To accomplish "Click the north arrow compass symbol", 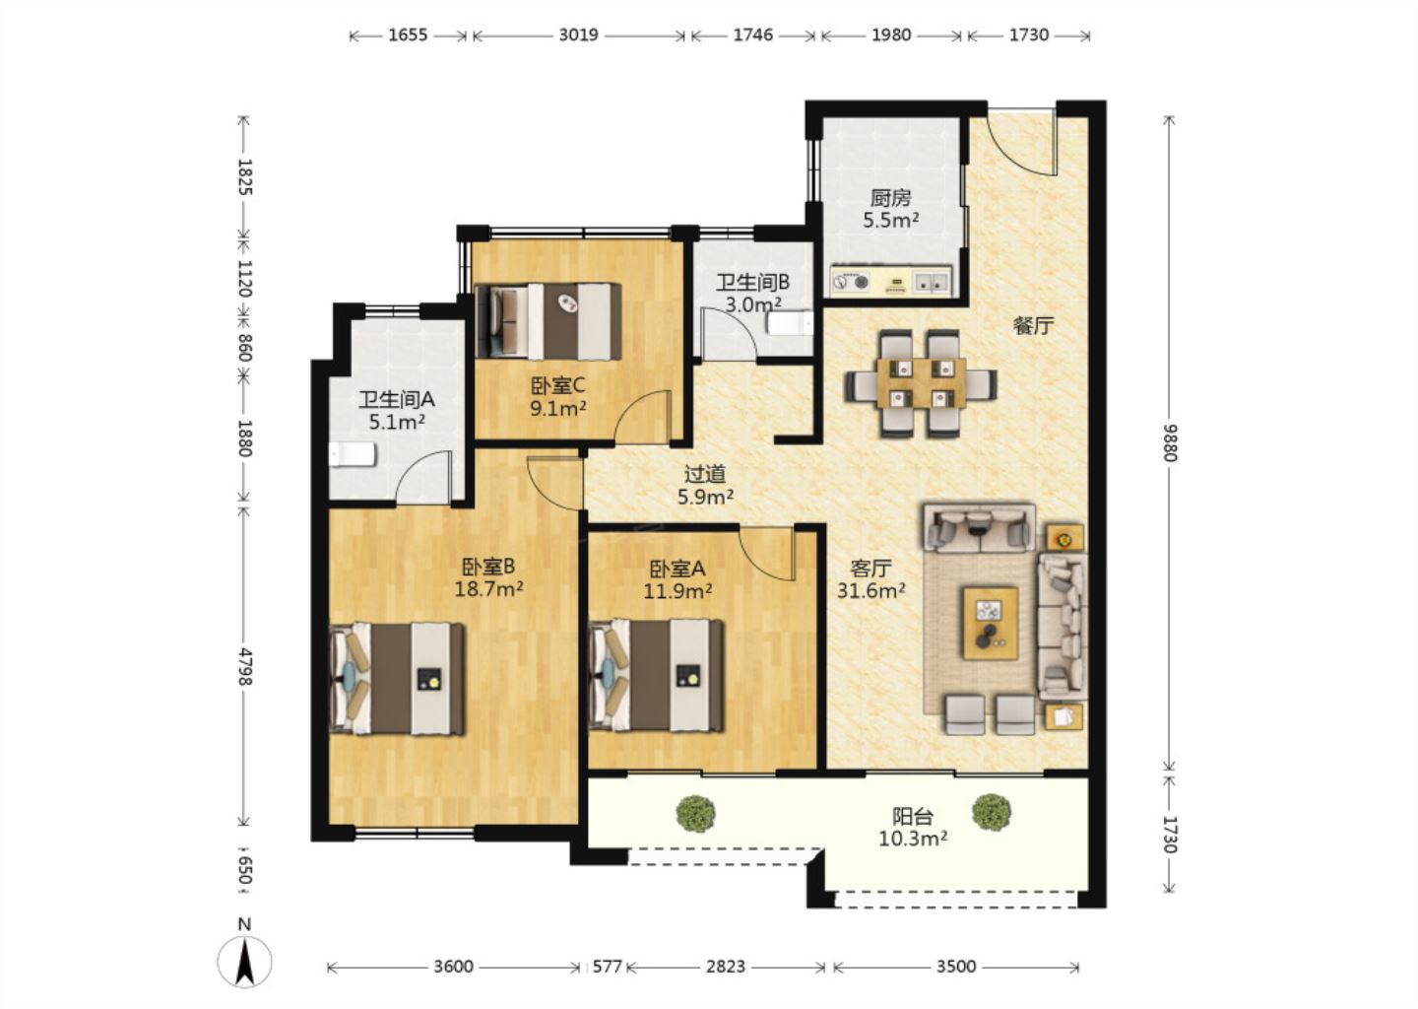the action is point(244,961).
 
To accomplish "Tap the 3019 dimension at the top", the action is point(578,34).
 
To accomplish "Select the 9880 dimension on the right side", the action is point(1171,442).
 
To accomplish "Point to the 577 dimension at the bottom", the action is point(607,967).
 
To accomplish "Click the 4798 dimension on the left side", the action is point(245,666).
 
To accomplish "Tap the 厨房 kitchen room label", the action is point(890,198).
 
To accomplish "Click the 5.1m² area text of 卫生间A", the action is point(397,421).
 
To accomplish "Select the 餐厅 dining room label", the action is point(1034,326).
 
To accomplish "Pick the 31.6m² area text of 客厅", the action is point(871,590).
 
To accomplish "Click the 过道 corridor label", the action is point(705,474).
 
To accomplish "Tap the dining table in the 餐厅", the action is point(922,384).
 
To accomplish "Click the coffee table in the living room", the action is point(991,624).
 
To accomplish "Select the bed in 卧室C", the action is point(548,321).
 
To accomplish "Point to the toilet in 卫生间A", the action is point(353,455).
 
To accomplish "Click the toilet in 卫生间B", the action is point(790,323).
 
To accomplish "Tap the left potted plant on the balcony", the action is point(695,813).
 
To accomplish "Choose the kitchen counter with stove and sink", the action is point(891,281).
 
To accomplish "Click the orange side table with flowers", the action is point(1064,538).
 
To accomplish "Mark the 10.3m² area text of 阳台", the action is point(913,839).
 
